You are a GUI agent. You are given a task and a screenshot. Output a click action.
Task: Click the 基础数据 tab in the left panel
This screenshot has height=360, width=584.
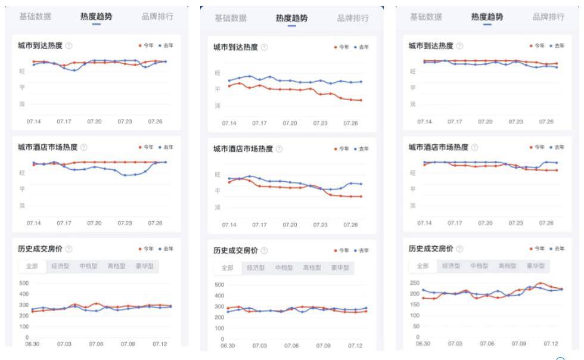click(x=35, y=16)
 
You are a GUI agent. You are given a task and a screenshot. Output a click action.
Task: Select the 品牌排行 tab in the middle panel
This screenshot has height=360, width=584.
click(x=353, y=18)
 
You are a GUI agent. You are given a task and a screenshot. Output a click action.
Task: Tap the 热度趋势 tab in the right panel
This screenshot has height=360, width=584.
click(x=487, y=17)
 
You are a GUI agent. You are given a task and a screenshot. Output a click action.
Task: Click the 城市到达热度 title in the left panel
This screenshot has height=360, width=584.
click(x=39, y=45)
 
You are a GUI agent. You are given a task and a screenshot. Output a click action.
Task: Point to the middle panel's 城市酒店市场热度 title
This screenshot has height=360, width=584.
click(x=243, y=149)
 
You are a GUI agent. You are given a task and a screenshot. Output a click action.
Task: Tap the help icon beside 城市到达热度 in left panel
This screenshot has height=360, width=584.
click(x=69, y=45)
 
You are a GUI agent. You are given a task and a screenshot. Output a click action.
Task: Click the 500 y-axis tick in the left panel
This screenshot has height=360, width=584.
click(x=24, y=283)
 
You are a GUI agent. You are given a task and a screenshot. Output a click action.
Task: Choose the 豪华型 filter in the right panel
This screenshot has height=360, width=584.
click(x=536, y=266)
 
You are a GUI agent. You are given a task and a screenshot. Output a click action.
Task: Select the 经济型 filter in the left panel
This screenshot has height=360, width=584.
click(x=61, y=266)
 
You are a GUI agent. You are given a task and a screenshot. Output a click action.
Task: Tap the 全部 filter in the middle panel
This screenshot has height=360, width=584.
click(x=228, y=268)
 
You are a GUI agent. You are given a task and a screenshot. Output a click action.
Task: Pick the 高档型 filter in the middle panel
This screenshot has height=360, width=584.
click(x=312, y=268)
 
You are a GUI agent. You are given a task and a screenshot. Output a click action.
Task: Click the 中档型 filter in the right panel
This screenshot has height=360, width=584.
click(x=479, y=266)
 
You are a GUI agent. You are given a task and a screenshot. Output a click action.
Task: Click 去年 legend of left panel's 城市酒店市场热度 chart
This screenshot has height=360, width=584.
click(x=166, y=147)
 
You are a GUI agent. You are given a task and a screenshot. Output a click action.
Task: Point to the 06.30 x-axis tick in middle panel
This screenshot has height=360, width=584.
click(x=228, y=346)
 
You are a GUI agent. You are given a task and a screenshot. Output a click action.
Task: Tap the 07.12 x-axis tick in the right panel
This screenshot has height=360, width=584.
click(x=551, y=343)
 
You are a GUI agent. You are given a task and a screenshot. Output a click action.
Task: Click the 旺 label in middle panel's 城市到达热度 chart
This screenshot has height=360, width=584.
click(x=218, y=73)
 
